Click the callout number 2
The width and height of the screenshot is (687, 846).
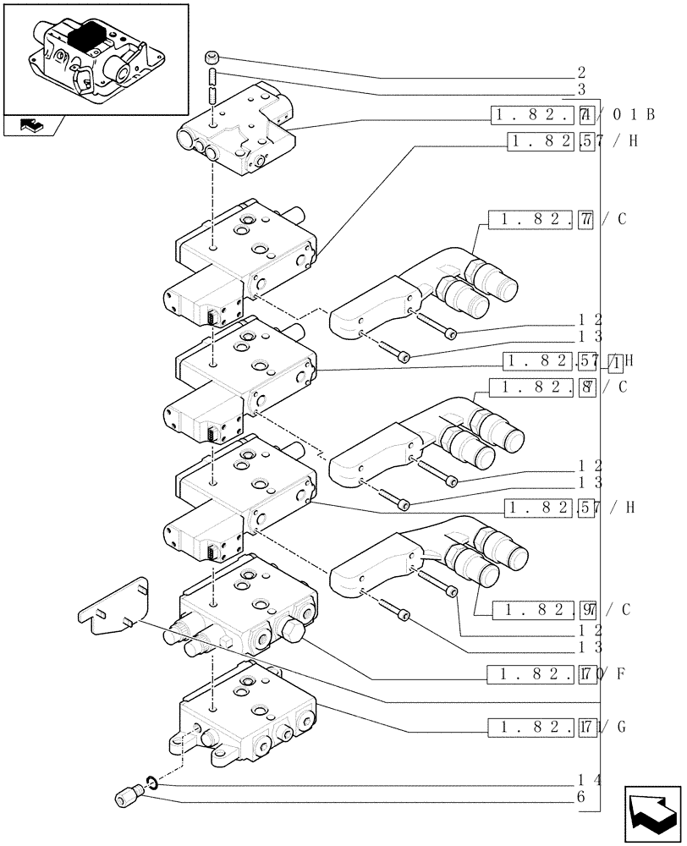(x=580, y=73)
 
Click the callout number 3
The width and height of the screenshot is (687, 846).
(x=580, y=89)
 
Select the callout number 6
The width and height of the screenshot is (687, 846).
(x=580, y=796)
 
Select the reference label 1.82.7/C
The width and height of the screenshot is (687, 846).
(x=563, y=220)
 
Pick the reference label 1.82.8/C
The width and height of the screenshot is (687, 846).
(x=563, y=387)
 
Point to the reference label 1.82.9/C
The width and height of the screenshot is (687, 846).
(x=563, y=610)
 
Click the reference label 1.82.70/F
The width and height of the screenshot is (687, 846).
(x=558, y=674)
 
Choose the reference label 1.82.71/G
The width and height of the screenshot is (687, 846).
(x=558, y=727)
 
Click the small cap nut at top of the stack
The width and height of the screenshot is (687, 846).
(x=212, y=58)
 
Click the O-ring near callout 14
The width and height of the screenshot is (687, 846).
(x=149, y=781)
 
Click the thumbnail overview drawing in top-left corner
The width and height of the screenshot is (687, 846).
(x=96, y=59)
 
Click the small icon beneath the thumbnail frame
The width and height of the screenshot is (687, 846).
(x=30, y=127)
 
